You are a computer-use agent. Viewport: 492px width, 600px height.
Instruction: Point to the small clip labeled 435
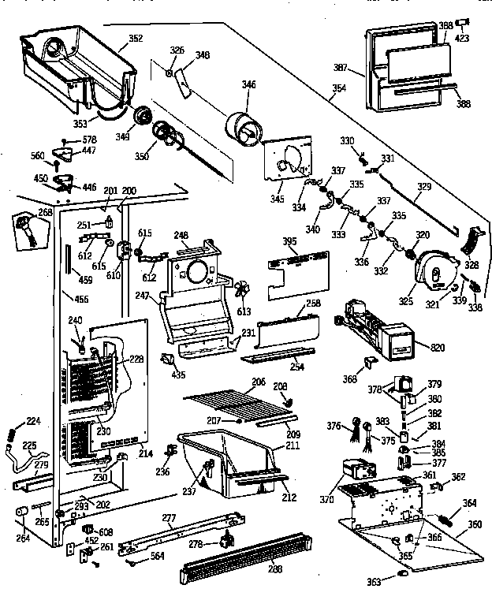tap(166, 358)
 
